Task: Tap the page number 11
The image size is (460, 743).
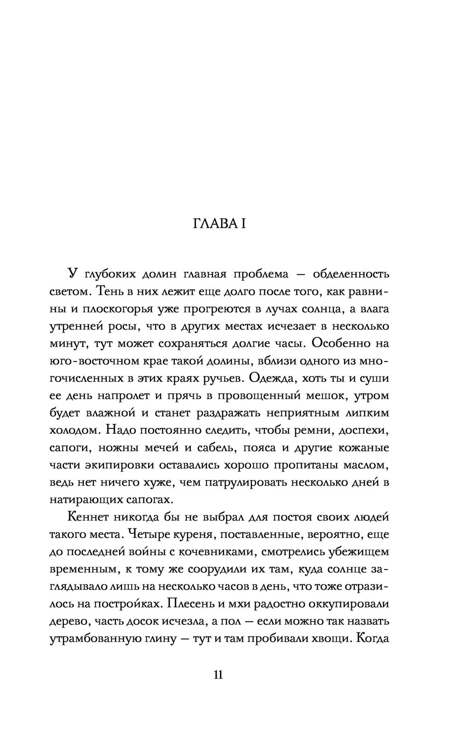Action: [218, 674]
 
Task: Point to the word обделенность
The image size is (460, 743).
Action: [351, 274]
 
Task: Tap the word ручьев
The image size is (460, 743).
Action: [220, 378]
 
